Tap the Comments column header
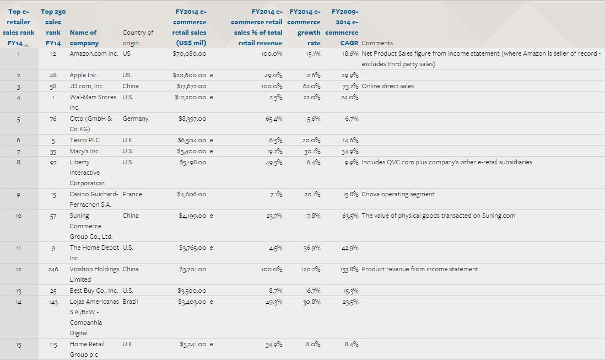(377, 43)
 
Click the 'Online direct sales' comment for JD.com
(387, 86)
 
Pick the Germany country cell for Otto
(135, 119)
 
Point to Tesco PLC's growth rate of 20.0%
(311, 140)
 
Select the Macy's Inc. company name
(84, 151)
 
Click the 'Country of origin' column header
(138, 37)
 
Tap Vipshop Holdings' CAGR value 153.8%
(349, 269)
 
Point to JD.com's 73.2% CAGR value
(350, 86)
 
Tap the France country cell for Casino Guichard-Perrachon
(132, 194)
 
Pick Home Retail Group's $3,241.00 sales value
(193, 344)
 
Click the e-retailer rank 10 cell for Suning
(19, 216)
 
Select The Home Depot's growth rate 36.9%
(311, 248)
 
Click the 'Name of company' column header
(83, 37)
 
